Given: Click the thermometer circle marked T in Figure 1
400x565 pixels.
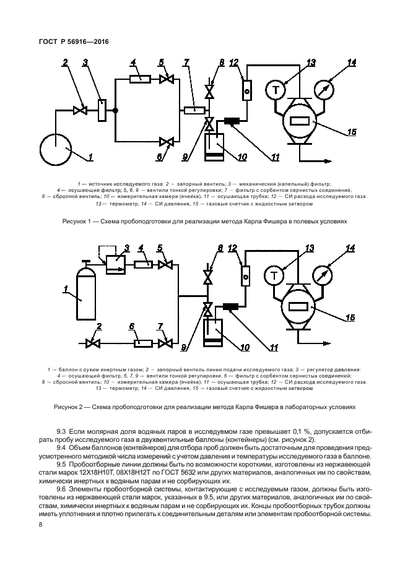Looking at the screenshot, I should point(275,90).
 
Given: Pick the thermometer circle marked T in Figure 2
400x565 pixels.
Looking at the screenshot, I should point(275,274).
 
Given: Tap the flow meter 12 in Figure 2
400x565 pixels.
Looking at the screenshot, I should point(245,274).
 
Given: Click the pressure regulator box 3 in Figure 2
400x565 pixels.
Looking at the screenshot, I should point(115,265).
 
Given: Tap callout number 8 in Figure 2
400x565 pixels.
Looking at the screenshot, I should point(220,248).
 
